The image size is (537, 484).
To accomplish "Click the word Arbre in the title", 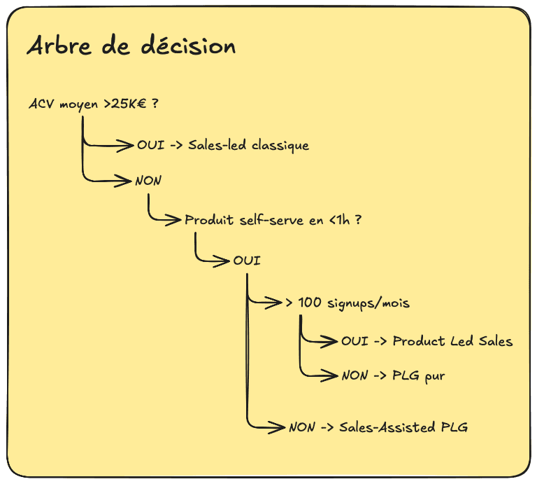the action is click(56, 46).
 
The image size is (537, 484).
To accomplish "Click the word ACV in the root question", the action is click(40, 104).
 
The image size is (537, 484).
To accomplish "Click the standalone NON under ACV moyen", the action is click(148, 181).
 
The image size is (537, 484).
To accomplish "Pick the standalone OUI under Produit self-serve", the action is click(247, 261).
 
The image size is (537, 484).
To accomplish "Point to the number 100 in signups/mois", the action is click(309, 303).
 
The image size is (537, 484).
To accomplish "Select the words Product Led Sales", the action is click(452, 341).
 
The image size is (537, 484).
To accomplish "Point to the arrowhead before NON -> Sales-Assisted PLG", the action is click(279, 427).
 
